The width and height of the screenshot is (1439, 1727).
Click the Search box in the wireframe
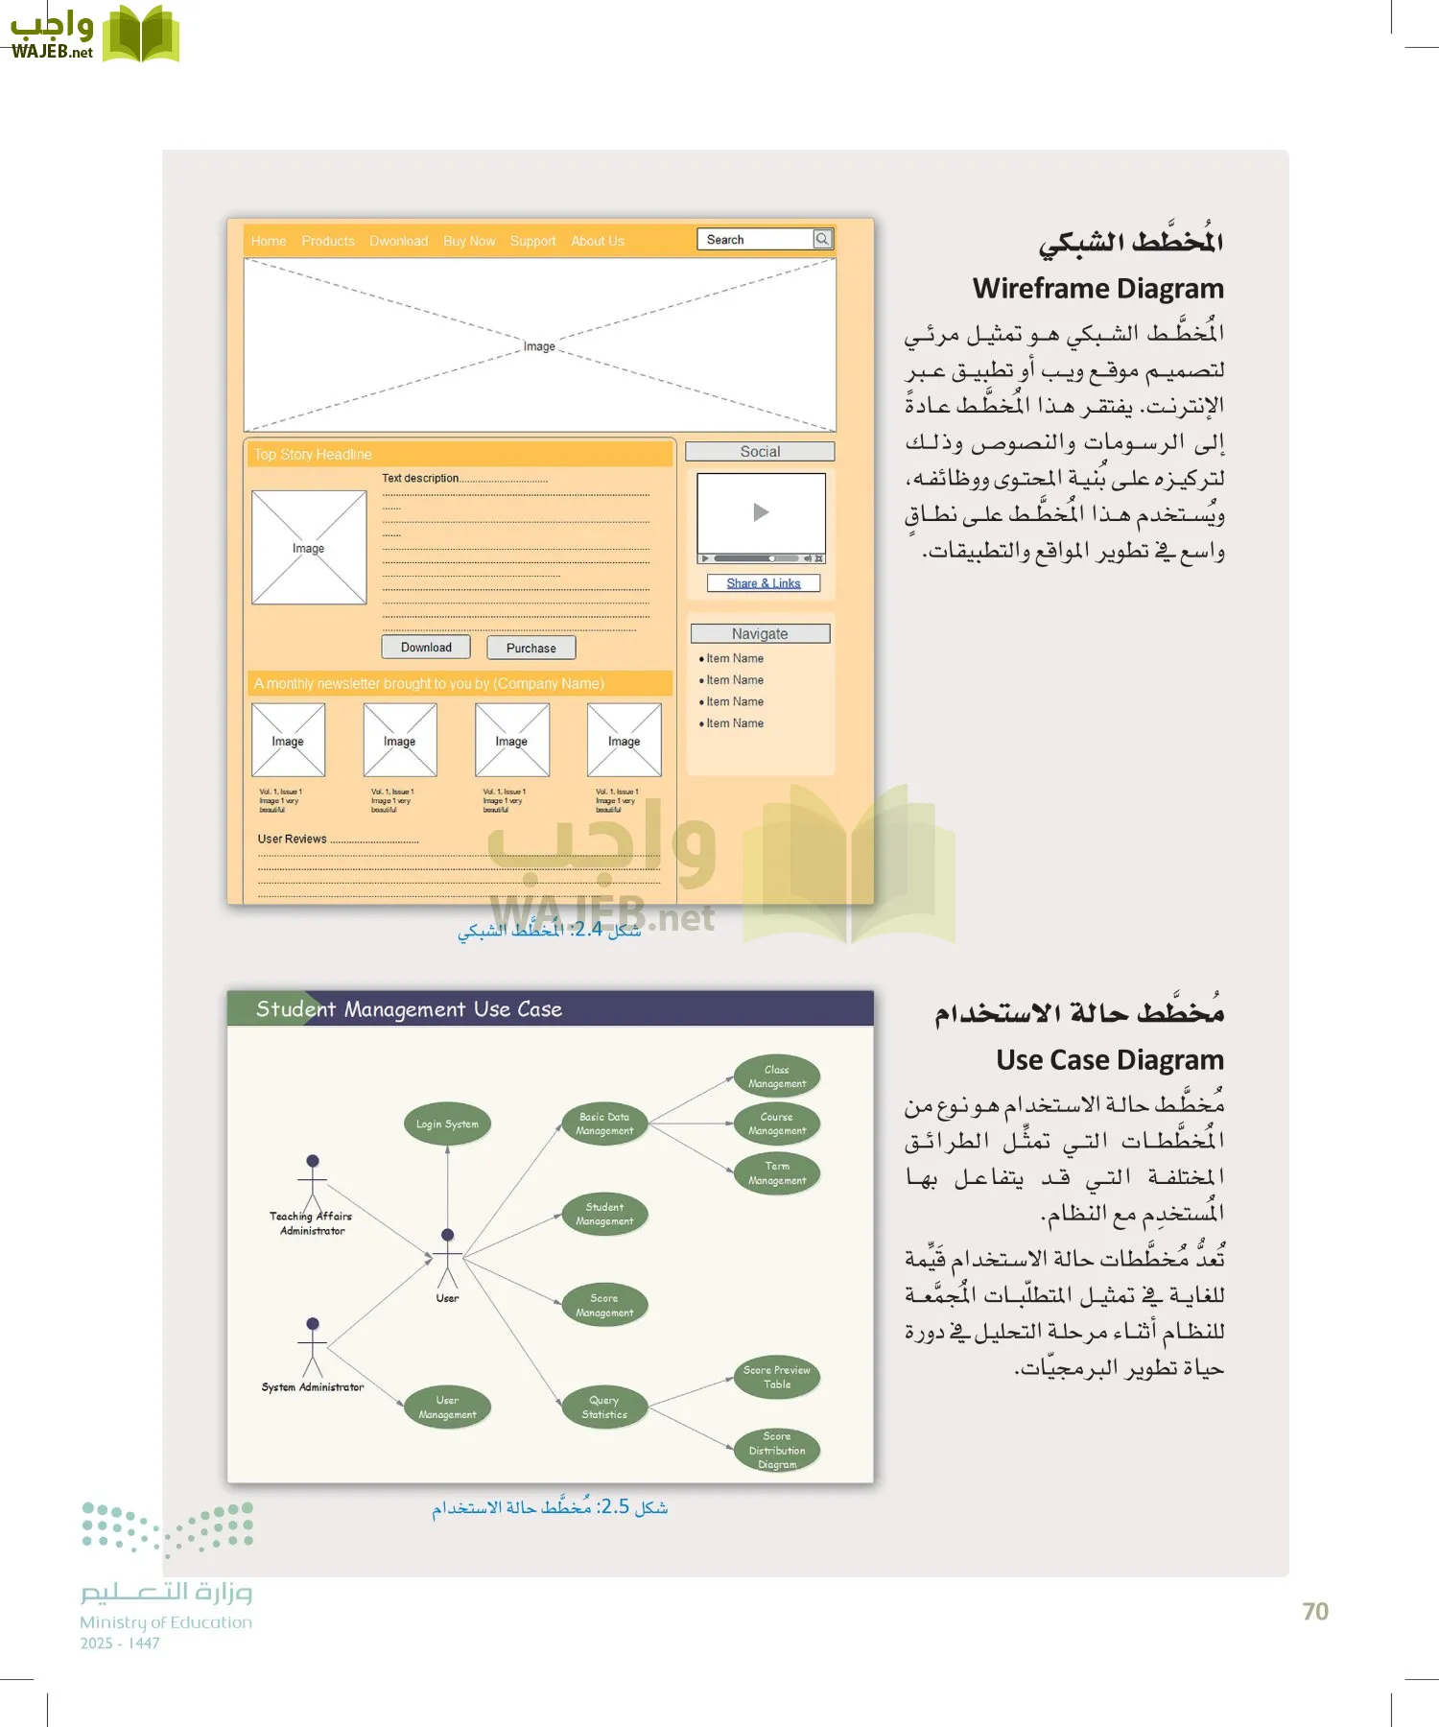[x=757, y=240]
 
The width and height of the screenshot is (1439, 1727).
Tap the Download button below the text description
[x=426, y=648]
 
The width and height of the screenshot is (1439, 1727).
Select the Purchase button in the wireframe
[x=531, y=649]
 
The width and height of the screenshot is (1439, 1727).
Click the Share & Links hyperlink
[x=763, y=583]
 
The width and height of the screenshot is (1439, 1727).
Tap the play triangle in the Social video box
[x=761, y=512]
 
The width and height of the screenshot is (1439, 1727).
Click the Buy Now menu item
[x=469, y=242]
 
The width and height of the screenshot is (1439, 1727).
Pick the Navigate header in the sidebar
[x=760, y=634]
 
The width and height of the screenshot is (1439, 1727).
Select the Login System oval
[x=447, y=1124]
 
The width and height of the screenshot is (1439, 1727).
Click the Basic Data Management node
[x=604, y=1124]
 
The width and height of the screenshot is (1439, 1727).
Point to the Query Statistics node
[x=604, y=1408]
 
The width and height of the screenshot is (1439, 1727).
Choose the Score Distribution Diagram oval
[x=777, y=1451]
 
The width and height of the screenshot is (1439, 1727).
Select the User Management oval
[x=447, y=1408]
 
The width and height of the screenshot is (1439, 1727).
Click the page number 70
[x=1315, y=1612]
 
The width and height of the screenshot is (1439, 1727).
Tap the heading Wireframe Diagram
[x=1097, y=289]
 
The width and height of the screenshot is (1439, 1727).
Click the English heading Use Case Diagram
[x=1109, y=1060]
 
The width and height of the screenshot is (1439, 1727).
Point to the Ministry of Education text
[x=166, y=1622]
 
